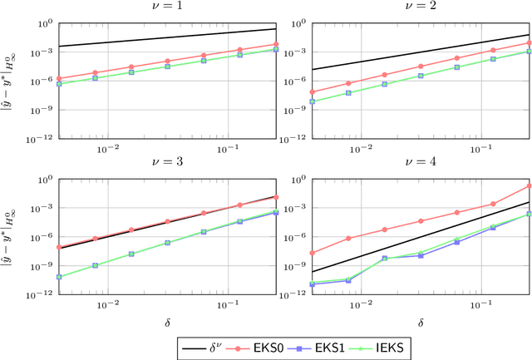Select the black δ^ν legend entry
205,345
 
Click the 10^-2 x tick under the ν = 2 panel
361,148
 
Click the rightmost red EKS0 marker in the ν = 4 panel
530,185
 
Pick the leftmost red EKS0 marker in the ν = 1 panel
58,79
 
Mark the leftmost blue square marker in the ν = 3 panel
58,277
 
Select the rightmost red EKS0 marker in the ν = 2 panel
530,42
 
